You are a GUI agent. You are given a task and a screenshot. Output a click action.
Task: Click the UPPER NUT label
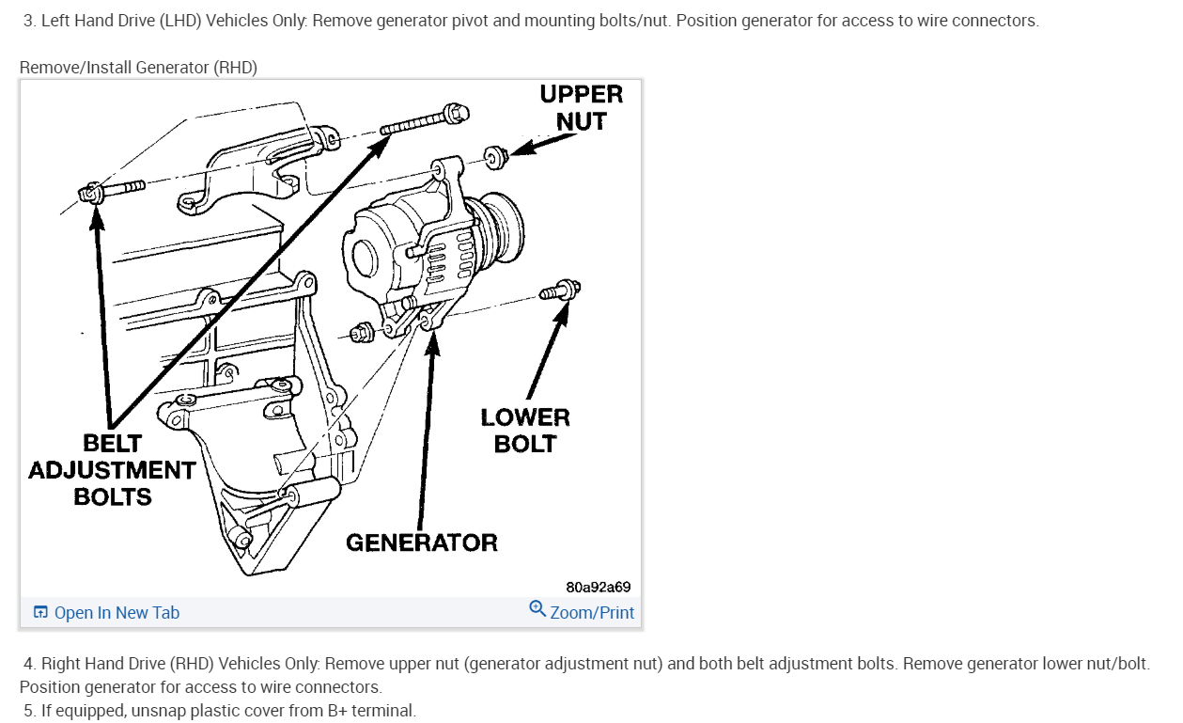coord(581,107)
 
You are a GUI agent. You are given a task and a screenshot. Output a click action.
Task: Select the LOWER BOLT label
coord(525,430)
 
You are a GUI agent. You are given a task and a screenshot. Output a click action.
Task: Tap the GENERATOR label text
coord(422,542)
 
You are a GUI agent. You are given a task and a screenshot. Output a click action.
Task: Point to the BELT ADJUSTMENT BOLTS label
coord(112,469)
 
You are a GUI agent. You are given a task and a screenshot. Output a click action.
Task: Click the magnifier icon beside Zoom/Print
coord(537,609)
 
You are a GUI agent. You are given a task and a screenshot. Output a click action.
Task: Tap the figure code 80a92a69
coord(598,587)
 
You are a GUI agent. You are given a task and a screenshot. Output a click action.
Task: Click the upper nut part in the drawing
coord(494,155)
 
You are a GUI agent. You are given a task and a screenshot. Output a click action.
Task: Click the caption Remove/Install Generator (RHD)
coord(138,67)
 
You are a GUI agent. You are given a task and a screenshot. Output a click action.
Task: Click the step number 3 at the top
coord(28,21)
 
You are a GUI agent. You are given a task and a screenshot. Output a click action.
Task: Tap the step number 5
coord(28,711)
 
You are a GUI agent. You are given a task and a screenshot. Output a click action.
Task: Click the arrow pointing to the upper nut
coord(545,143)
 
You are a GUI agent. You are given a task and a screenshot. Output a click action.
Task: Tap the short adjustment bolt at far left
coord(110,191)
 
